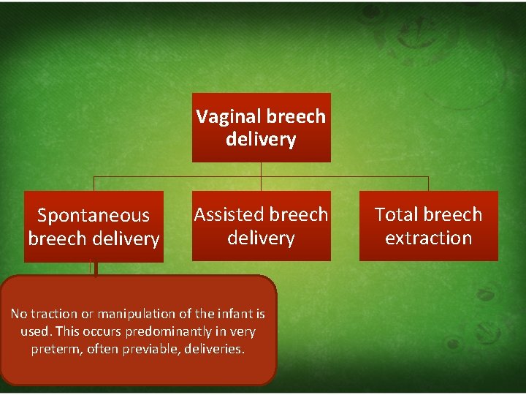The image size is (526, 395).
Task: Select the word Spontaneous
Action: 93,215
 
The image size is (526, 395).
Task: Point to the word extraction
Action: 428,238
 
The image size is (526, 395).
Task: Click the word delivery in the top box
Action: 261,139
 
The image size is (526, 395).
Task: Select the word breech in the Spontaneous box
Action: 56,238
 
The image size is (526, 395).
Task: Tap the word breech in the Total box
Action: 454,214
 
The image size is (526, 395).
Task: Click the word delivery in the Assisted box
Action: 261,238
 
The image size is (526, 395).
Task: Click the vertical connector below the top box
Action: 261,169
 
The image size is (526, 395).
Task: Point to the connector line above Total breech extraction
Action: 428,183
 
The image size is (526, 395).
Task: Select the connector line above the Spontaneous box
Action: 93,183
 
